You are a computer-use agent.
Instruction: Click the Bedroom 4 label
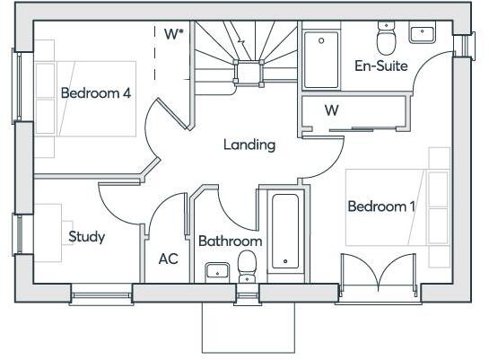click(x=96, y=92)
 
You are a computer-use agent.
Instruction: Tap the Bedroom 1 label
click(x=381, y=206)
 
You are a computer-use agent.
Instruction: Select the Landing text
click(x=249, y=145)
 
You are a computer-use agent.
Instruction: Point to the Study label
click(x=87, y=237)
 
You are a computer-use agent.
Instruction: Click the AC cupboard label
click(x=168, y=259)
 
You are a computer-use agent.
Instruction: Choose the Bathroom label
click(x=230, y=241)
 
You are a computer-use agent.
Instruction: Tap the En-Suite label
click(x=381, y=66)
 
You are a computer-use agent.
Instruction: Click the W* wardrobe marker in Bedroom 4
click(x=174, y=34)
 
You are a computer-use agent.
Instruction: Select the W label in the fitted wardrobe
click(x=331, y=111)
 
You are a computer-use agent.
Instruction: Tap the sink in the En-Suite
click(x=422, y=34)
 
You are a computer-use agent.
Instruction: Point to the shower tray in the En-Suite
click(x=320, y=58)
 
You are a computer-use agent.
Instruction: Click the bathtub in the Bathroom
click(x=286, y=231)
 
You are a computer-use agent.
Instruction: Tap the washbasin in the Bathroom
click(x=216, y=269)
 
